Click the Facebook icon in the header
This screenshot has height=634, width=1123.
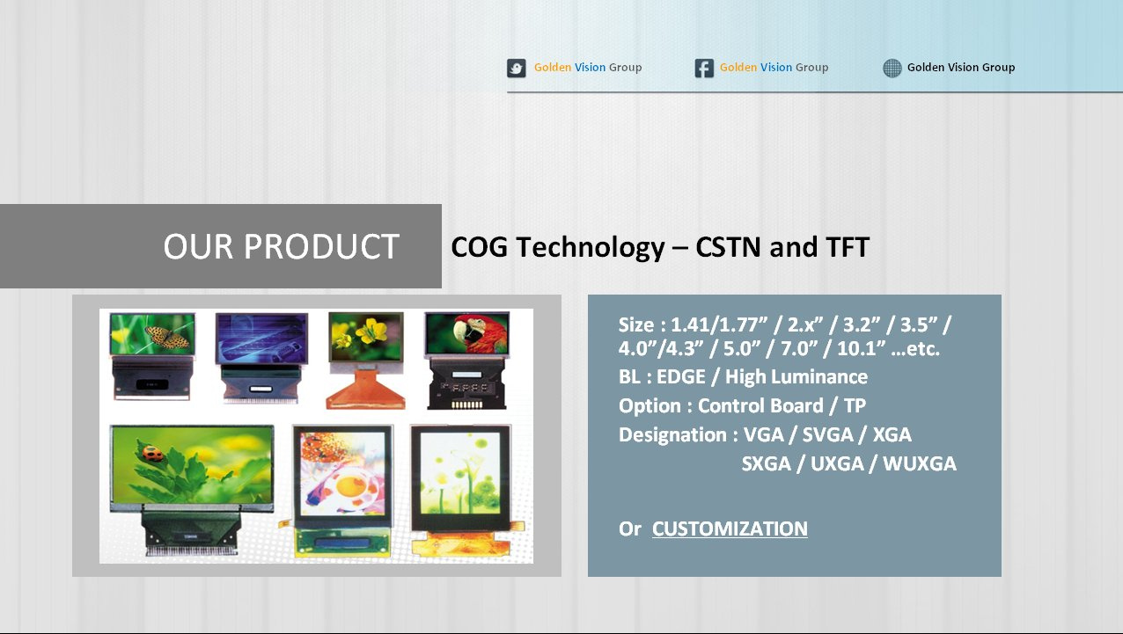pyautogui.click(x=704, y=68)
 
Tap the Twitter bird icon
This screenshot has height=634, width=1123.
pyautogui.click(x=517, y=68)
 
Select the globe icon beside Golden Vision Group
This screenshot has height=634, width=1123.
pyautogui.click(x=892, y=68)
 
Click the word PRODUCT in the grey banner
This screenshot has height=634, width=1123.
pyautogui.click(x=321, y=246)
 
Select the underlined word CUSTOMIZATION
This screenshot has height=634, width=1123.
pyautogui.click(x=730, y=528)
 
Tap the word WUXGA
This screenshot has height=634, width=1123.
pyautogui.click(x=920, y=463)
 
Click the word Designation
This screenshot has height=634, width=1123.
pyautogui.click(x=672, y=434)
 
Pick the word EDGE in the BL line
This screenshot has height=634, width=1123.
pyautogui.click(x=681, y=376)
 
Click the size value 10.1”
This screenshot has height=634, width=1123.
pyautogui.click(x=862, y=348)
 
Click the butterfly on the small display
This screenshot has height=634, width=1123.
pyautogui.click(x=167, y=337)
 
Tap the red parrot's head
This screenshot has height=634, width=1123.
pyautogui.click(x=466, y=331)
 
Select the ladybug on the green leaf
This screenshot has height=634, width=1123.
pyautogui.click(x=152, y=453)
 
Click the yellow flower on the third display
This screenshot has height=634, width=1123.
pyautogui.click(x=372, y=331)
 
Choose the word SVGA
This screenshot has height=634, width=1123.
pyautogui.click(x=827, y=434)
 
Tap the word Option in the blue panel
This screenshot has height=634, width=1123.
pyautogui.click(x=650, y=406)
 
